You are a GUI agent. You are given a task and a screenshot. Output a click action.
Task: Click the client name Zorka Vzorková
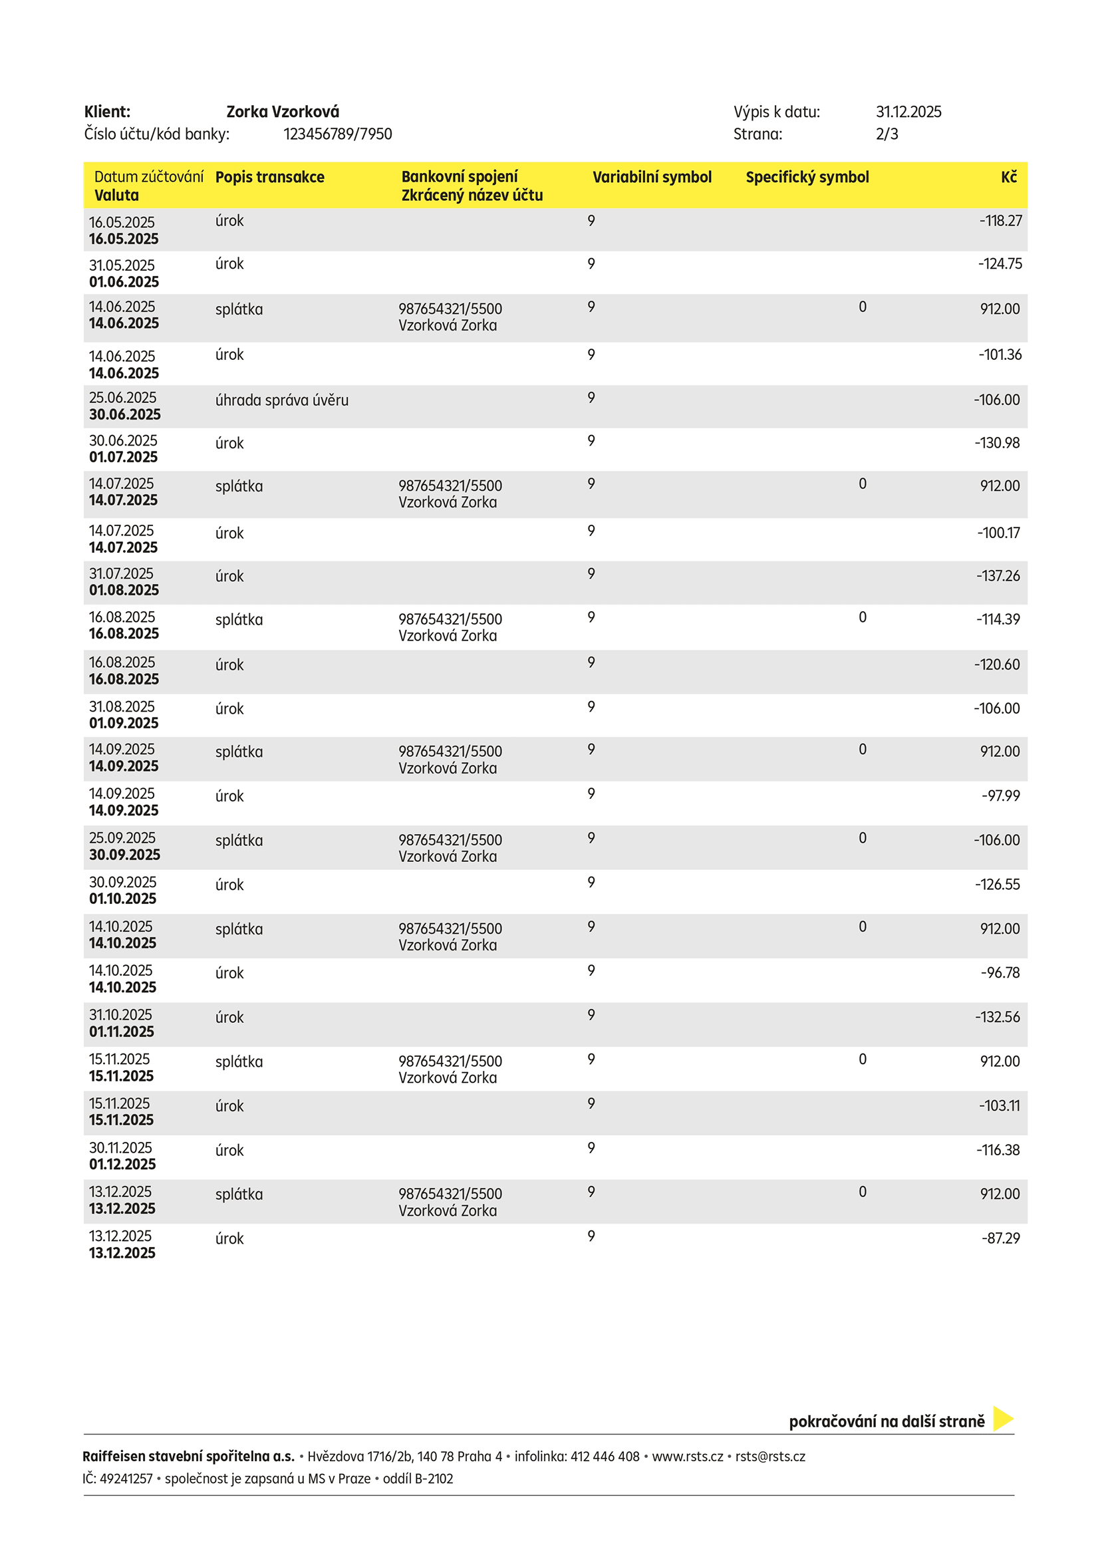pos(283,112)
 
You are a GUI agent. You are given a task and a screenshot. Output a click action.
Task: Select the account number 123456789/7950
pos(337,134)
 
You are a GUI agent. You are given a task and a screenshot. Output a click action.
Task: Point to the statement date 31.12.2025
pos(908,112)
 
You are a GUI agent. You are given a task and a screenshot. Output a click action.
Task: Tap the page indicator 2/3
pos(887,134)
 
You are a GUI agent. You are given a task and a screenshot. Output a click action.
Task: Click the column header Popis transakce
pos(269,178)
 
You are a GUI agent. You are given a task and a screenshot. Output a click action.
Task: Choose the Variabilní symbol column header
pos(652,178)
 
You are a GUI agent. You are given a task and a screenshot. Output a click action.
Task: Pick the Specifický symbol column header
pos(807,178)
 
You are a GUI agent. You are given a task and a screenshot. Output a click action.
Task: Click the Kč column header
pos(1009,178)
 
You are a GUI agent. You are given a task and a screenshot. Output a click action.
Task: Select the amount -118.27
pos(1000,221)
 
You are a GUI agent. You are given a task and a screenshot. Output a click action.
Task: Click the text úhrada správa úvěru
pos(282,400)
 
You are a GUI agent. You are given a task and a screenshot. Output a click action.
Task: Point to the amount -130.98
pos(997,443)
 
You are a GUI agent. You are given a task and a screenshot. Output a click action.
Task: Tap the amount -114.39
pos(998,619)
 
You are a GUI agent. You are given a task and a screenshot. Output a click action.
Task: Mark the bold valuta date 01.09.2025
pos(124,724)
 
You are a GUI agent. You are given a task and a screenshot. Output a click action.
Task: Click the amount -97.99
pos(1000,795)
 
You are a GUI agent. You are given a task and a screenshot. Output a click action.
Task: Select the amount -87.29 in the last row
pos(1000,1238)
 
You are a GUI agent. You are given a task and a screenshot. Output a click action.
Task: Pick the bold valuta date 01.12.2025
pos(122,1164)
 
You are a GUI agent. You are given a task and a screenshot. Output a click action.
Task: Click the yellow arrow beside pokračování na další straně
pos(1002,1419)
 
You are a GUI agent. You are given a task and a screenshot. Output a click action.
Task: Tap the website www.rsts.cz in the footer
pos(688,1456)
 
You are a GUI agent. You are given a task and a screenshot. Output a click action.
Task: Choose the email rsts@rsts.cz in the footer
pos(770,1456)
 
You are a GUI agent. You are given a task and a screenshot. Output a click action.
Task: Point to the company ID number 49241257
pos(126,1479)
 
